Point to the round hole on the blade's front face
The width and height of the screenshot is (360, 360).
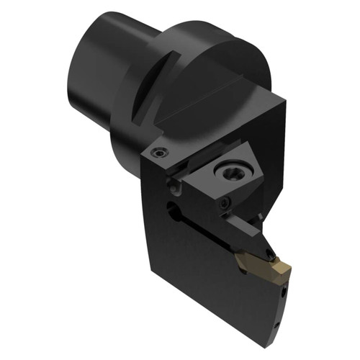(172, 210)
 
